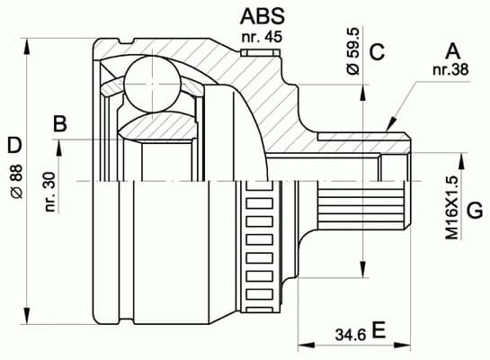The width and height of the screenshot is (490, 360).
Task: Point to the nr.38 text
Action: [x=451, y=71]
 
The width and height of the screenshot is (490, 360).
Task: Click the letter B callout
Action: [x=59, y=123]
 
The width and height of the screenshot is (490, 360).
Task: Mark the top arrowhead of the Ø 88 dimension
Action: [x=31, y=42]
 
